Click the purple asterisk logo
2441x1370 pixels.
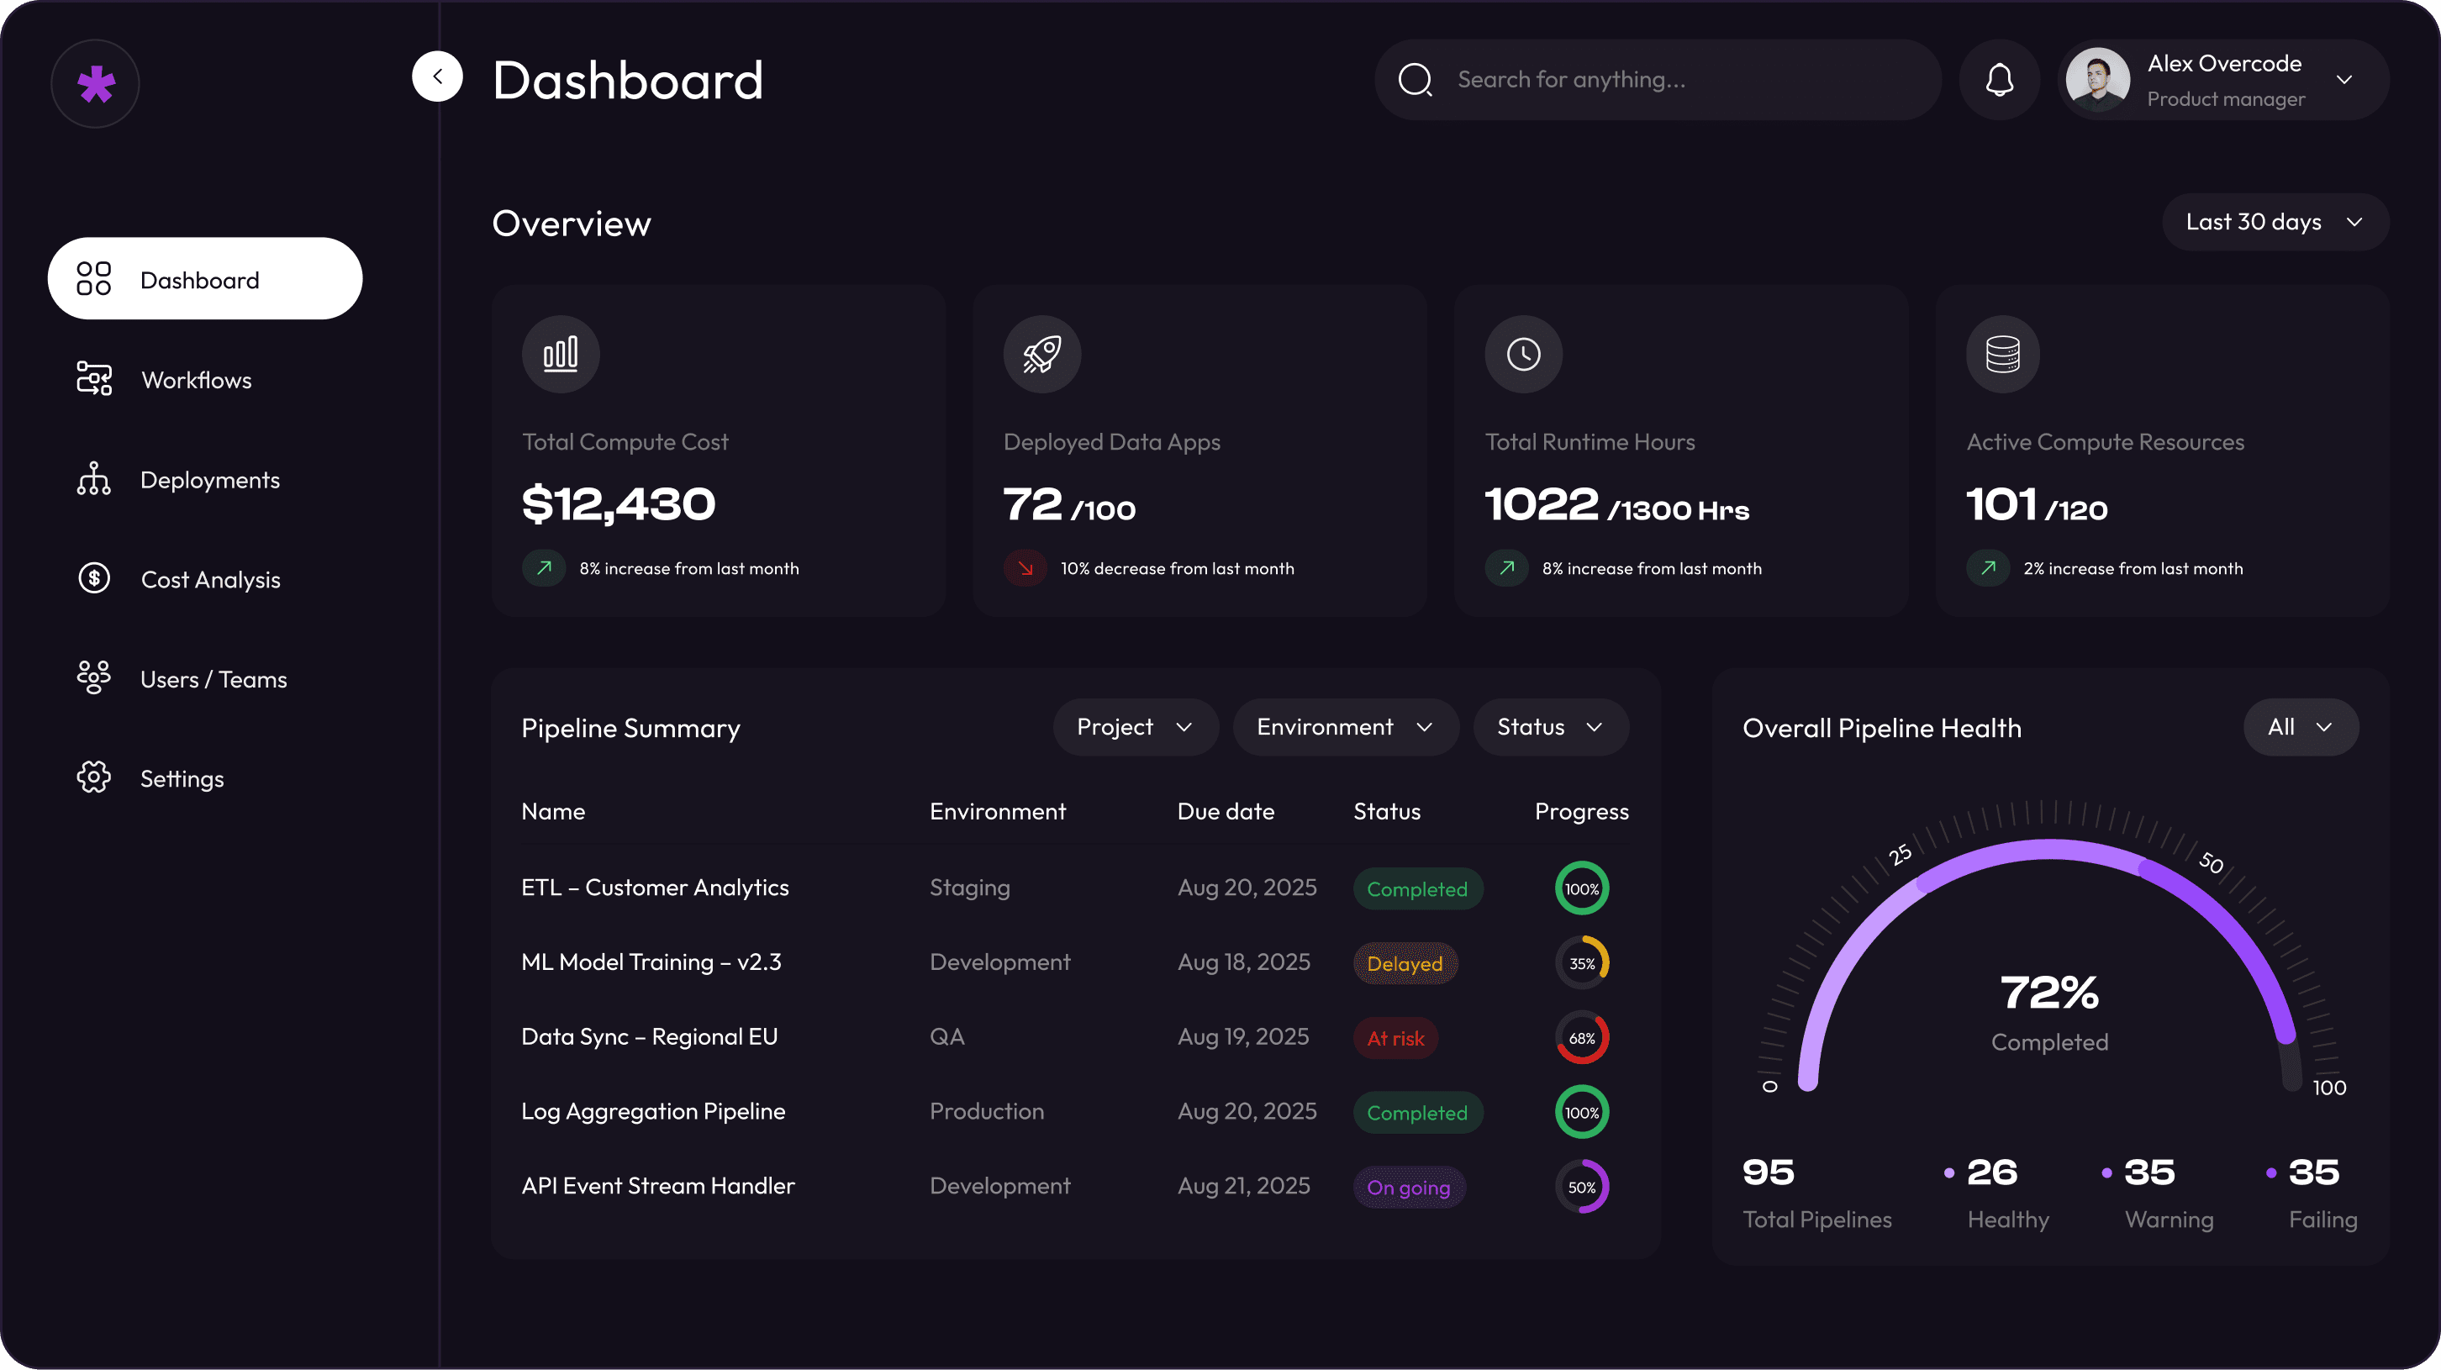(x=96, y=84)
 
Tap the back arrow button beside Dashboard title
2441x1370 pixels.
(x=437, y=76)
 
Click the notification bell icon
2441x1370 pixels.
(x=2000, y=80)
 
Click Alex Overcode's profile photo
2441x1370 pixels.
(x=2097, y=80)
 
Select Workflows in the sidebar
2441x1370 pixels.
(x=196, y=380)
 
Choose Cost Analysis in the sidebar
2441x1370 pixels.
(x=209, y=579)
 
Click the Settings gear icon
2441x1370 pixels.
(x=94, y=777)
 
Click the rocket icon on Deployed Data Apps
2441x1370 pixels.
(x=1041, y=355)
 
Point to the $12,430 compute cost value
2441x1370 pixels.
(x=619, y=503)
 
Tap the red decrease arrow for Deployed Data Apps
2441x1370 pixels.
(x=1025, y=568)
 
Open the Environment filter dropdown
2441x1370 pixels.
(x=1345, y=727)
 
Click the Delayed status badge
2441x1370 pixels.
(x=1405, y=963)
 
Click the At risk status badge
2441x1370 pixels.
(x=1394, y=1038)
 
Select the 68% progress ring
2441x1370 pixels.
(x=1582, y=1038)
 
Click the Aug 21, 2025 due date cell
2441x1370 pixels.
(x=1243, y=1185)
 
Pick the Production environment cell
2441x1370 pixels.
(x=987, y=1111)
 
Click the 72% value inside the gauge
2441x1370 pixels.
(x=2048, y=993)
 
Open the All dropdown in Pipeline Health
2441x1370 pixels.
(x=2300, y=727)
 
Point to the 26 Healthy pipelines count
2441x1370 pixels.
(x=1992, y=1173)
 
